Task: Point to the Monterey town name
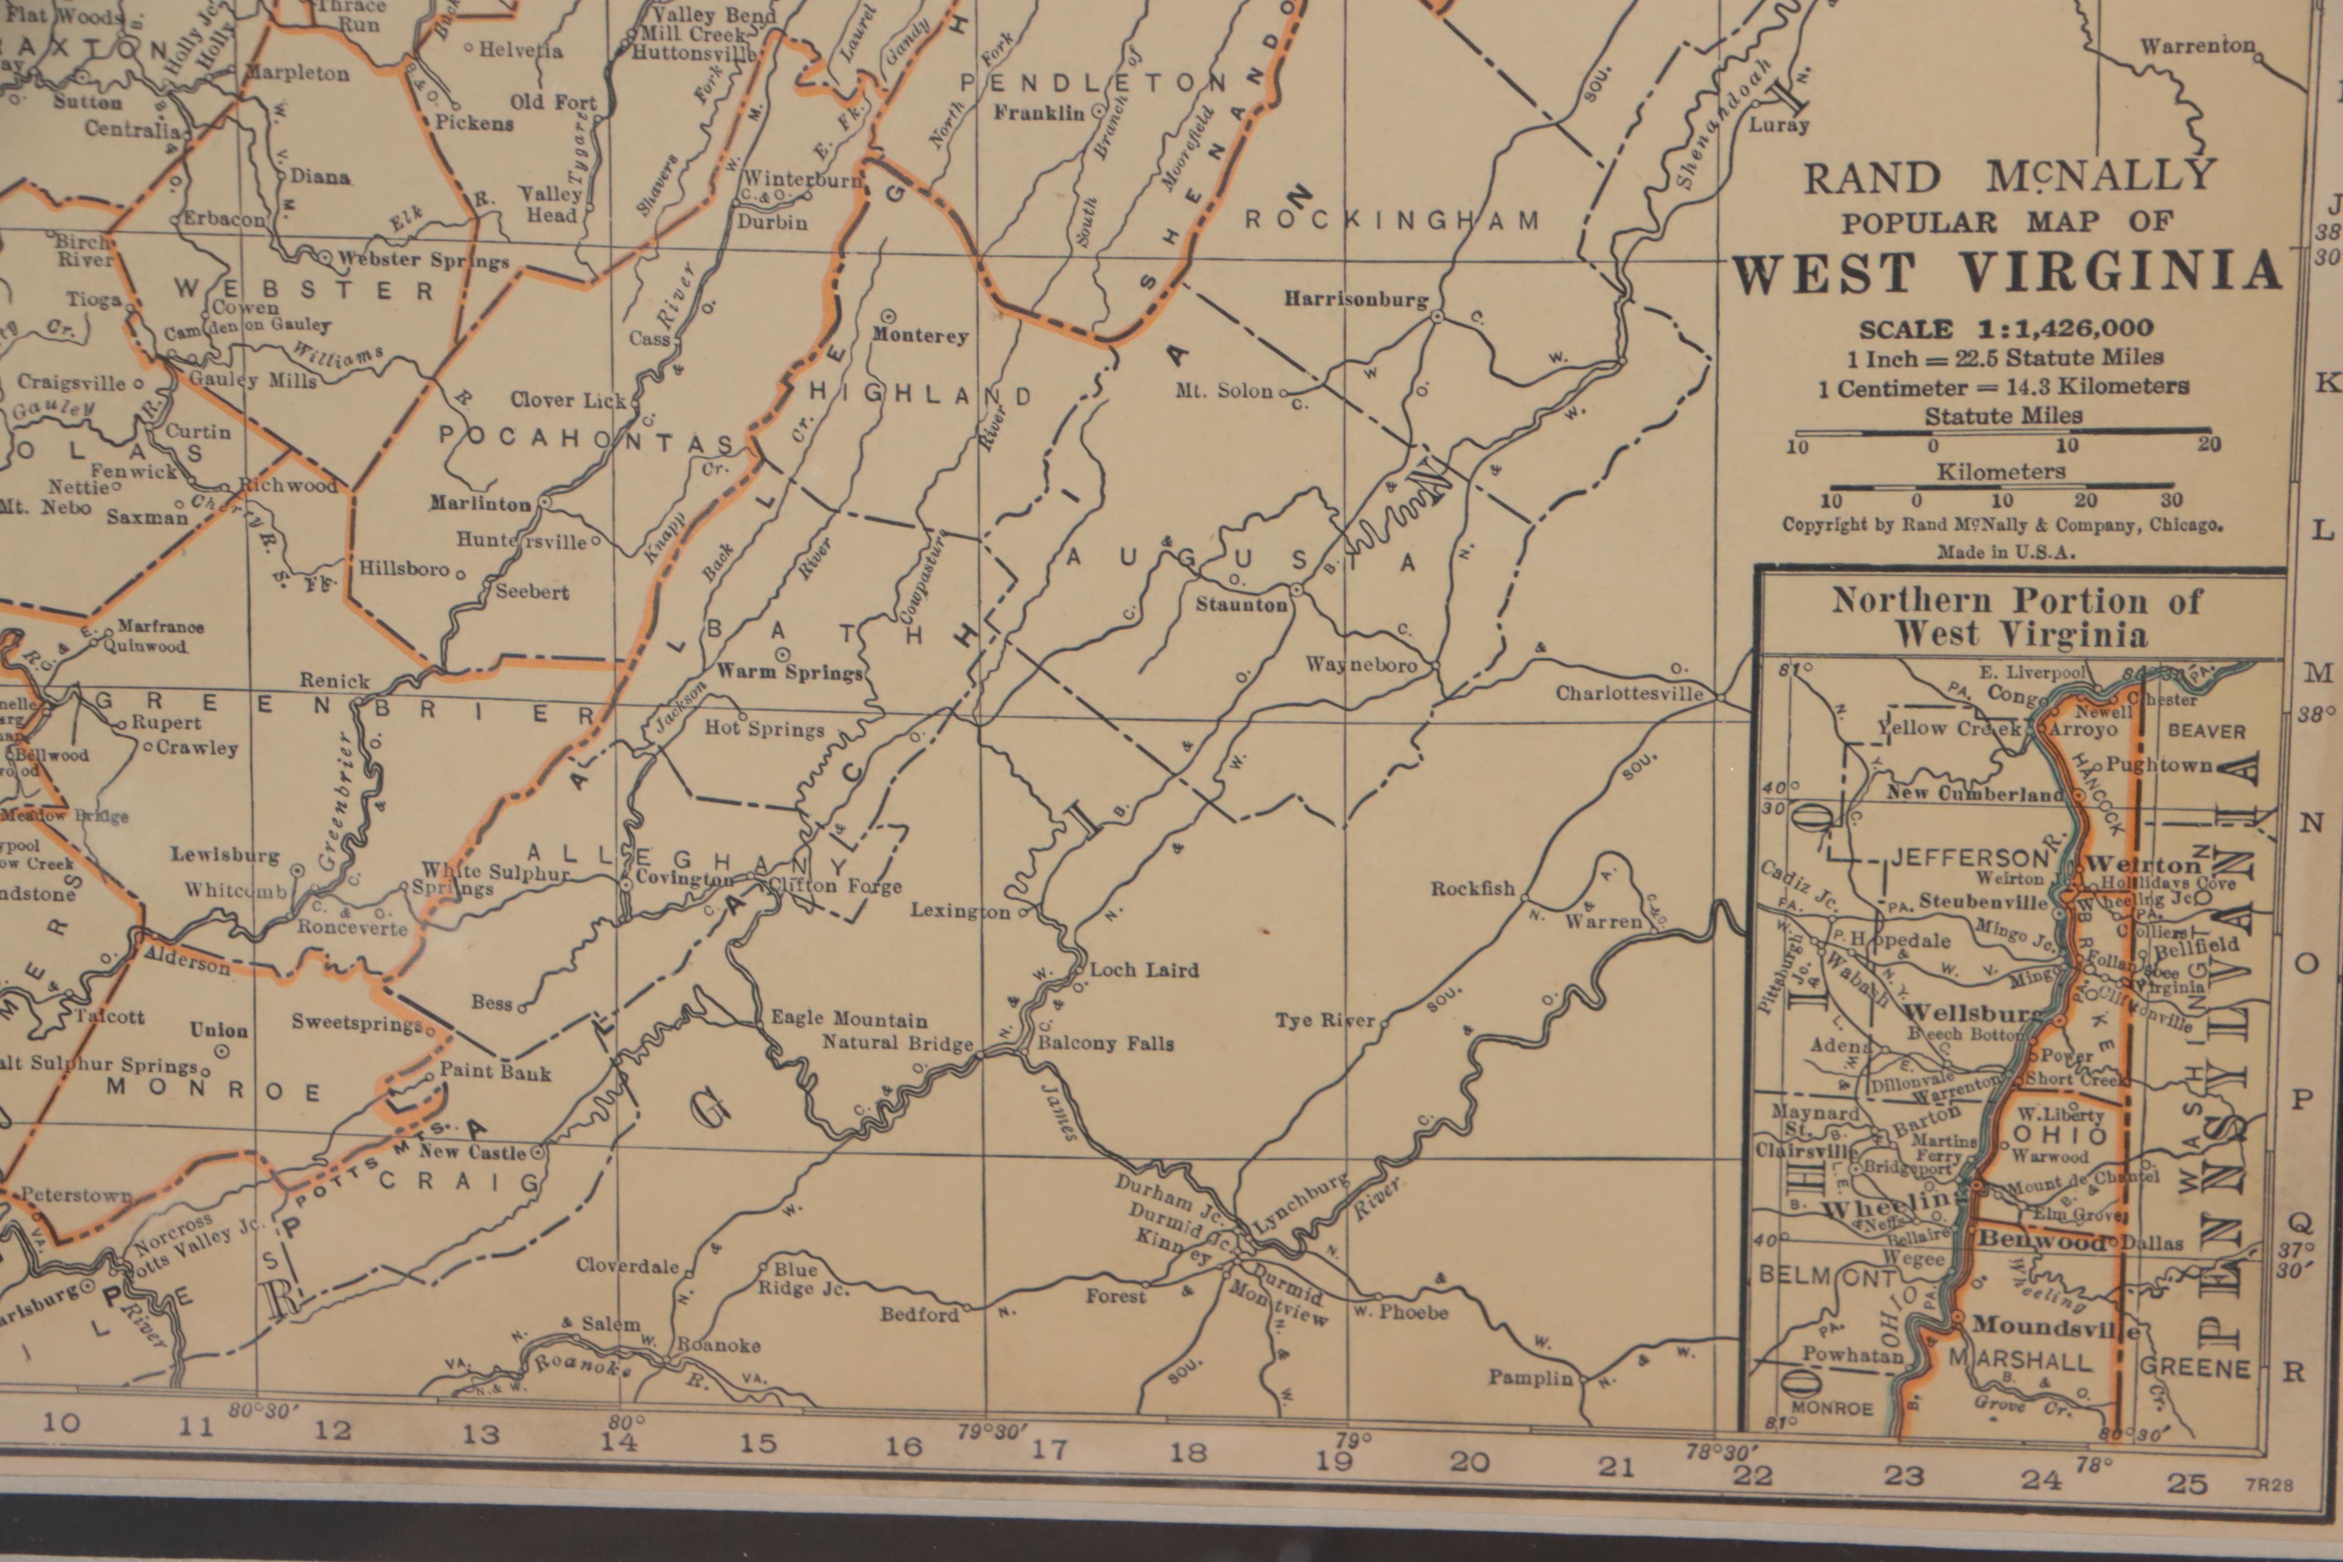click(x=920, y=336)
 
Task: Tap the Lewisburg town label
click(x=225, y=855)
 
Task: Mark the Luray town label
click(x=1779, y=125)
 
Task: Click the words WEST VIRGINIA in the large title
click(x=2006, y=272)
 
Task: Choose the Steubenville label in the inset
click(x=1982, y=902)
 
